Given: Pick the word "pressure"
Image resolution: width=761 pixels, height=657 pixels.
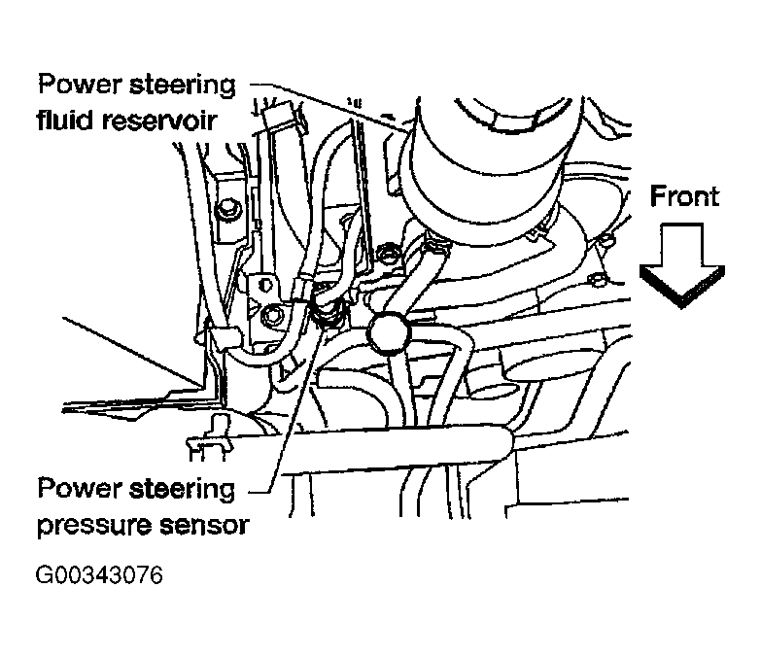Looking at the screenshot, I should pyautogui.click(x=91, y=525).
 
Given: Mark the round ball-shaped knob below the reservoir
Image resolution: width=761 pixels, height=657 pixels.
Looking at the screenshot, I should pyautogui.click(x=388, y=335).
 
